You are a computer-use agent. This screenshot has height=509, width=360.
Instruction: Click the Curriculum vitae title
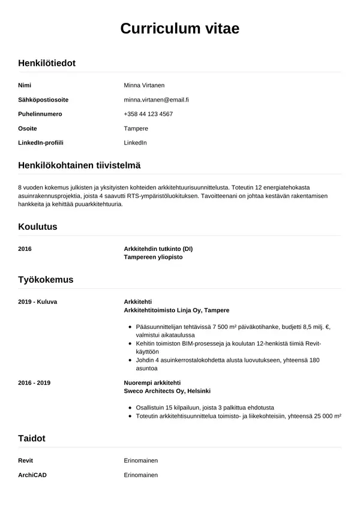[180, 28]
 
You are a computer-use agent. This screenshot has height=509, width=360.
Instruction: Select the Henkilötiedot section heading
[47, 62]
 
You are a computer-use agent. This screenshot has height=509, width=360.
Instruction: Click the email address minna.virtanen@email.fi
[157, 99]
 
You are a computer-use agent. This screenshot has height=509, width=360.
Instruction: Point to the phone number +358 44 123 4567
[148, 113]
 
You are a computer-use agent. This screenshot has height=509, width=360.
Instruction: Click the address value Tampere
[136, 128]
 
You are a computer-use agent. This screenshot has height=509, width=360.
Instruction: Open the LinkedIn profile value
[135, 143]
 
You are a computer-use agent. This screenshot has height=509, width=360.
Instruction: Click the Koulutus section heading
[38, 227]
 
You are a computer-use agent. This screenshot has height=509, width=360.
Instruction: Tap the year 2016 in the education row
[25, 248]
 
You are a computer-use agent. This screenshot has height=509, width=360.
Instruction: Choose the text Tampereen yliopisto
[153, 257]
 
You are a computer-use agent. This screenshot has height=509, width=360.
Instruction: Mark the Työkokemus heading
[46, 279]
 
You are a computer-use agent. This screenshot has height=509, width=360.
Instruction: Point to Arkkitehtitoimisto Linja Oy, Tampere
[176, 310]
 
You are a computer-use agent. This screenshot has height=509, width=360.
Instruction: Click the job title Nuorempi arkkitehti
[152, 382]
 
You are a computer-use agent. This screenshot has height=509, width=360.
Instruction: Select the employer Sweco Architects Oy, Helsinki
[167, 391]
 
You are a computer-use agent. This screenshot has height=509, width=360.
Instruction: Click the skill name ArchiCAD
[32, 475]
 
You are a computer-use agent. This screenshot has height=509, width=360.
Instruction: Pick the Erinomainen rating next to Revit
[140, 460]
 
